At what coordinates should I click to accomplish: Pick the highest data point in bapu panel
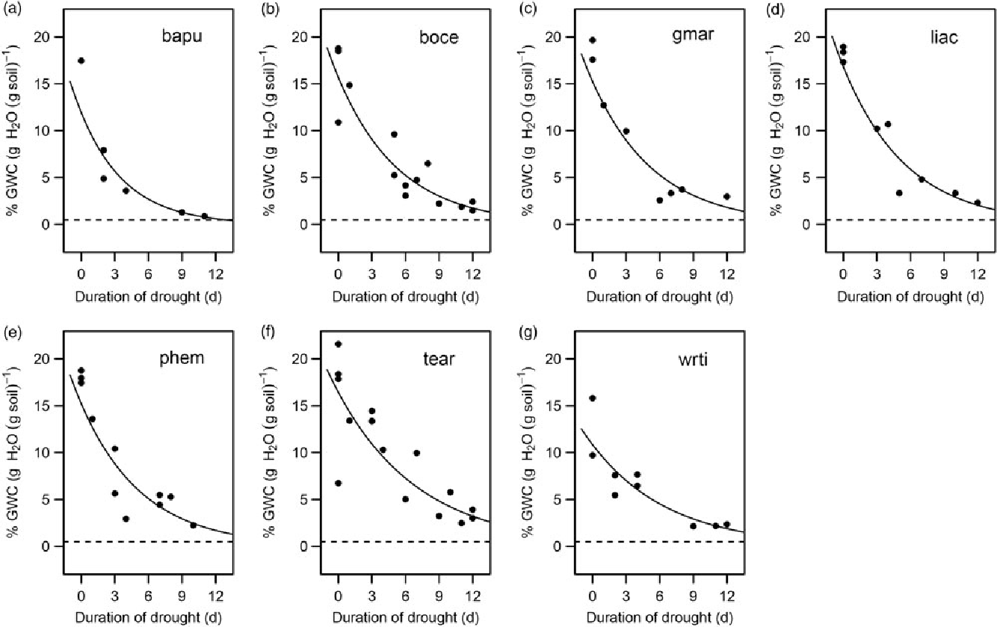[81, 61]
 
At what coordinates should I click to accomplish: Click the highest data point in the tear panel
[338, 344]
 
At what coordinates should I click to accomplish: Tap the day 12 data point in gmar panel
[726, 197]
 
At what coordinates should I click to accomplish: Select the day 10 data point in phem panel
[193, 525]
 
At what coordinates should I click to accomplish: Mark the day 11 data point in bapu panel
[204, 216]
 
